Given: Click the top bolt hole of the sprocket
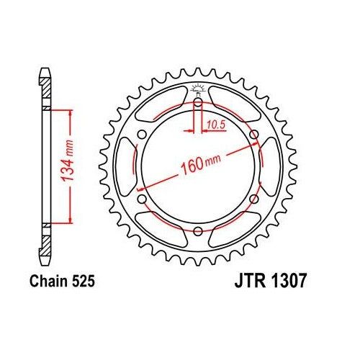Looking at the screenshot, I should pos(197,102).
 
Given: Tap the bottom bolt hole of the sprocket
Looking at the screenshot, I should pos(197,230).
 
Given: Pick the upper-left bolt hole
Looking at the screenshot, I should pos(142,135).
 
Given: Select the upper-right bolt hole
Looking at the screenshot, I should pos(253,135).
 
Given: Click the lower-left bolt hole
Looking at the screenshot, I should pos(142,199).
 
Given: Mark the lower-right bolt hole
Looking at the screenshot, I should pos(253,199).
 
